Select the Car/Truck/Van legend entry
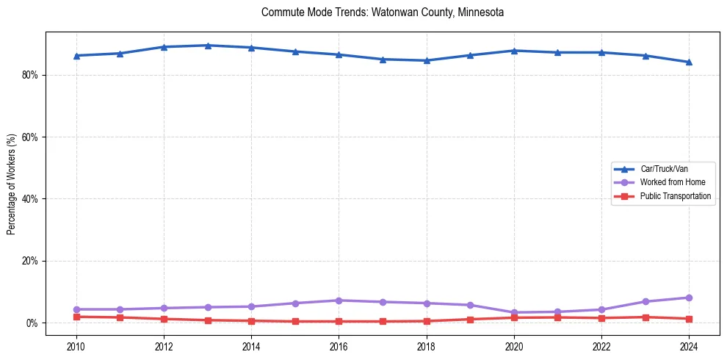(x=664, y=169)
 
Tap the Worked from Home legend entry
(x=668, y=182)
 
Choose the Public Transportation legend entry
(x=675, y=196)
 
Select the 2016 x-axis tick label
(x=339, y=346)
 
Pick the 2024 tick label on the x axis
(x=689, y=346)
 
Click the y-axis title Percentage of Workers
(x=12, y=184)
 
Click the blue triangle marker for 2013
(x=208, y=46)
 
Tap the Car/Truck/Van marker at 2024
(x=689, y=62)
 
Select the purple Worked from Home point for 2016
(x=339, y=300)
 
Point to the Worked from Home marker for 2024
(x=689, y=298)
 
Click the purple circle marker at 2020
(x=514, y=313)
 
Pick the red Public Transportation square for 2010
(x=76, y=317)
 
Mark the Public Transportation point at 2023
(x=645, y=317)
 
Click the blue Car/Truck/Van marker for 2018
(x=427, y=60)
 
